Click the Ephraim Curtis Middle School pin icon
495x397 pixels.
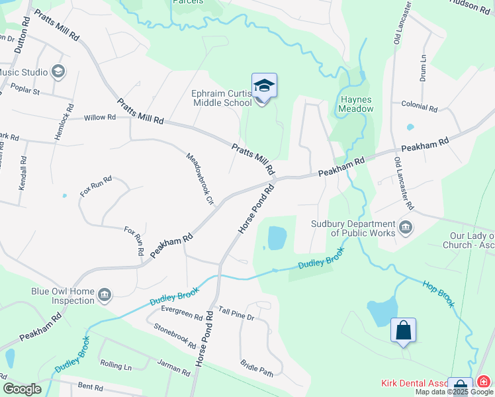[x=264, y=87]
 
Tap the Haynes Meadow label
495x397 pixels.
[x=357, y=104]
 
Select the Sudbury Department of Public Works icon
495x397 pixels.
[x=406, y=228]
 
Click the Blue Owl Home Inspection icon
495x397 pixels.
[x=104, y=294]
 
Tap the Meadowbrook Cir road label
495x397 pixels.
[x=200, y=179]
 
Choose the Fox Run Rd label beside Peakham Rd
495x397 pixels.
[x=134, y=241]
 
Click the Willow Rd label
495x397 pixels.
[x=100, y=118]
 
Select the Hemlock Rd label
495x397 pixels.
[x=69, y=119]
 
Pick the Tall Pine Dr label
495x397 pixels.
[x=236, y=314]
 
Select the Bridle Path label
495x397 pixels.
[x=257, y=369]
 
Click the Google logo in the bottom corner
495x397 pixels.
[x=22, y=388]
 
